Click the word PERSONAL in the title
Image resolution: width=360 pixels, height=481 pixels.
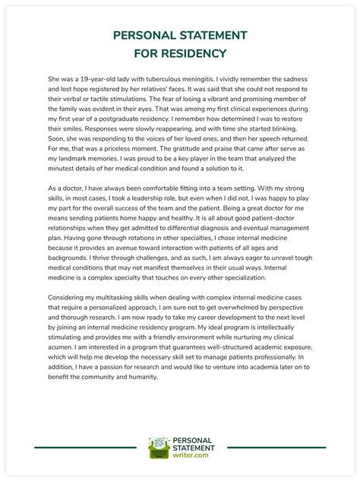tap(146, 36)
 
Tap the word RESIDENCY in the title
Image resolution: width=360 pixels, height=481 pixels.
tap(194, 53)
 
